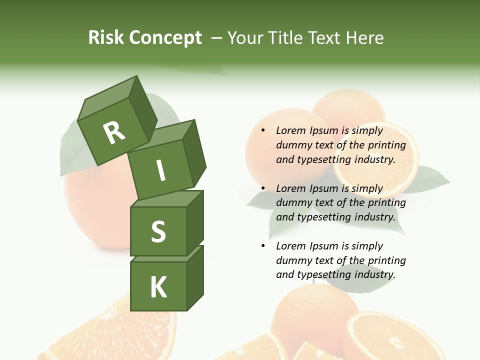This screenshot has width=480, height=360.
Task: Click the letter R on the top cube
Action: click(x=114, y=132)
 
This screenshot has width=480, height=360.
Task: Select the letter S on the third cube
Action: click(x=158, y=231)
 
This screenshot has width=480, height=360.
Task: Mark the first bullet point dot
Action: click(x=263, y=131)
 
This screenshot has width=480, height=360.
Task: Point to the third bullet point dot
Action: click(x=263, y=246)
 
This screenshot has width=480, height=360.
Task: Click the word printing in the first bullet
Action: click(x=386, y=145)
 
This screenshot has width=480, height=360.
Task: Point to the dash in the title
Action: click(x=217, y=38)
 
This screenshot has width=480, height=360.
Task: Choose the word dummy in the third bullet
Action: click(x=293, y=260)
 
